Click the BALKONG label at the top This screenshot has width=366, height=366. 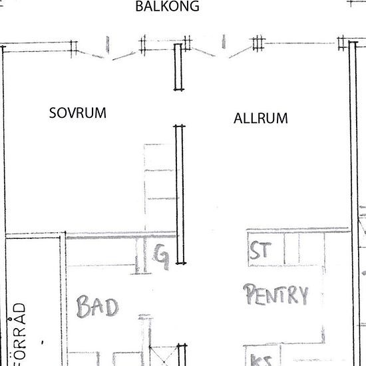(167, 7)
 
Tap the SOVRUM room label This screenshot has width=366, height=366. (78, 112)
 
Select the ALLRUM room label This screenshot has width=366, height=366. (261, 119)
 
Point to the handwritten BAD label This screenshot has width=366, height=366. (97, 307)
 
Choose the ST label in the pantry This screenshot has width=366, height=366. (259, 253)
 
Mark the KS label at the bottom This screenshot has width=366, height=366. (256, 360)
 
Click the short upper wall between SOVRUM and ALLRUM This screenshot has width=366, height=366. (178, 67)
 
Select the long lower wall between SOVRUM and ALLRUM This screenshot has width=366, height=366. (178, 193)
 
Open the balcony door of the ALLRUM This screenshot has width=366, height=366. (222, 50)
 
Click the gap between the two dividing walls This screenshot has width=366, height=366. (178, 108)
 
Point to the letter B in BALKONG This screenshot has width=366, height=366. (139, 7)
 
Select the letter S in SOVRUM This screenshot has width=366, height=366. (53, 112)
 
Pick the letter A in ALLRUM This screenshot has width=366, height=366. (238, 119)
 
